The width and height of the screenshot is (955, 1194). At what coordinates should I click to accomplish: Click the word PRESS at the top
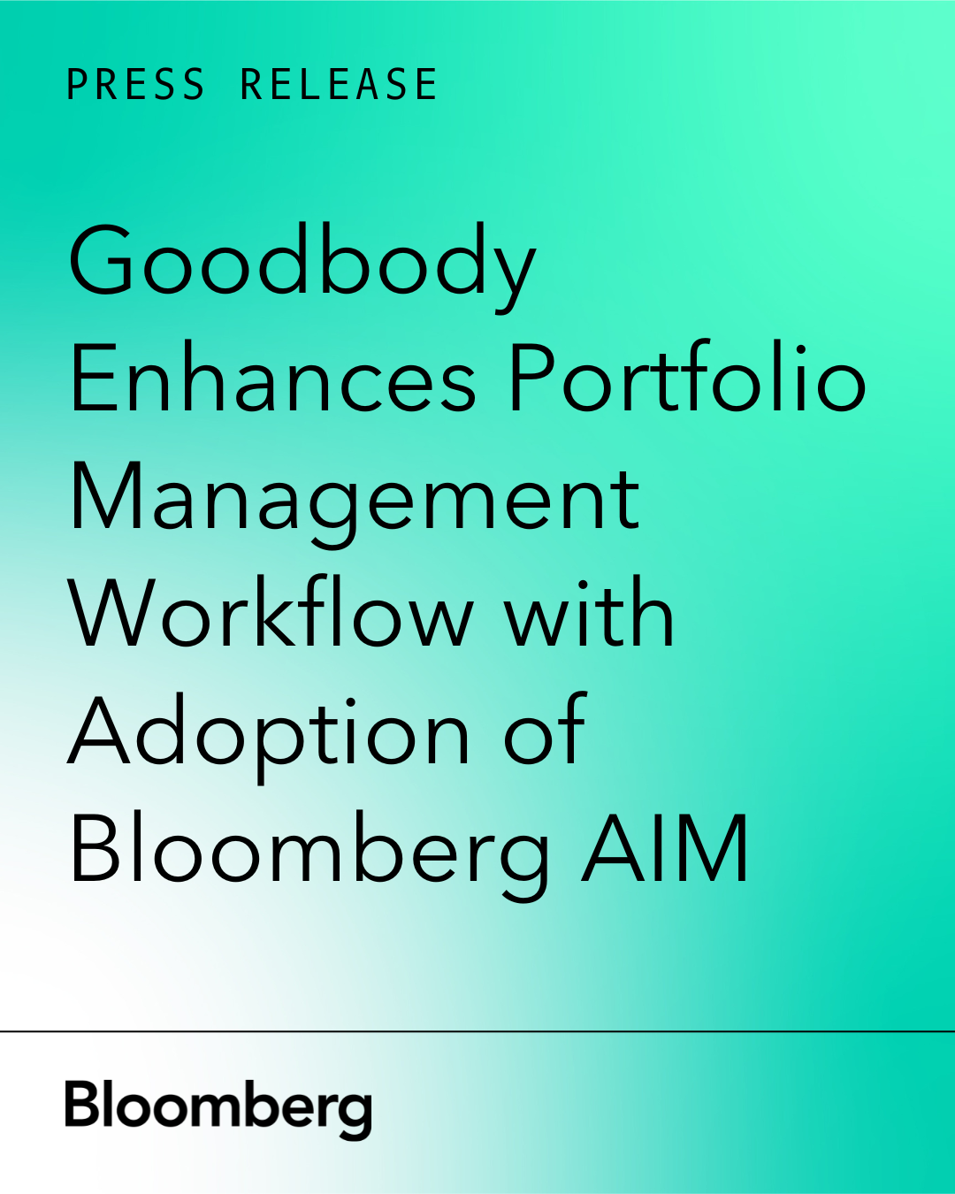(135, 85)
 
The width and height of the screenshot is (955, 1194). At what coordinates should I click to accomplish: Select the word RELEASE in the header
(339, 85)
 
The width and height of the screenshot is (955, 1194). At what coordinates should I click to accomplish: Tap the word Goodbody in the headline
(302, 264)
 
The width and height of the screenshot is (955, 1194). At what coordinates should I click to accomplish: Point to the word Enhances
(272, 380)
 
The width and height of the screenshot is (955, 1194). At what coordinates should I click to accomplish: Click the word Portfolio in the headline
(686, 380)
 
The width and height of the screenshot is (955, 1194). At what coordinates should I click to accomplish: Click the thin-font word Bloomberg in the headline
(309, 851)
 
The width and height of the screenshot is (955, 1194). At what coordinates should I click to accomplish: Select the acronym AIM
(665, 849)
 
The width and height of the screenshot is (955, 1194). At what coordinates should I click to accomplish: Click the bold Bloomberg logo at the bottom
(218, 1107)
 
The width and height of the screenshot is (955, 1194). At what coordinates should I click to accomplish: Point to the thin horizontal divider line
(477, 1031)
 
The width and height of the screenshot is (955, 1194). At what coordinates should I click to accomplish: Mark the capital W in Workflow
(113, 615)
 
